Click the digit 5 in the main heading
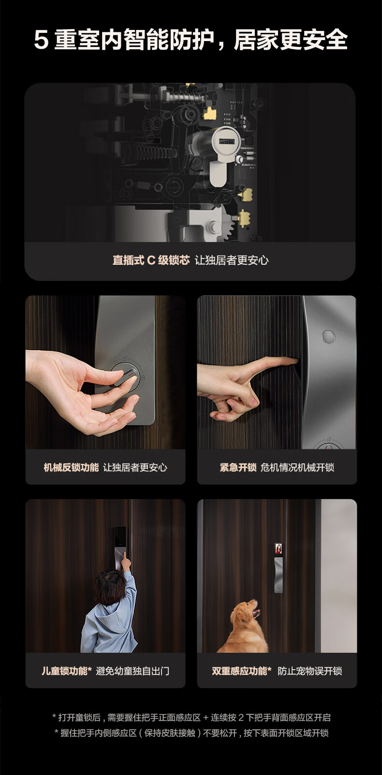pyautogui.click(x=41, y=40)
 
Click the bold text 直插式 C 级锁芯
pyautogui.click(x=151, y=260)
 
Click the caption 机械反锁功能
pyautogui.click(x=72, y=467)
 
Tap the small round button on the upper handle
pyautogui.click(x=328, y=337)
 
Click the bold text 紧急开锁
pyautogui.click(x=238, y=467)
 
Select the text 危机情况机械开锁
pyautogui.click(x=297, y=467)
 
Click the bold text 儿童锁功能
pyautogui.click(x=67, y=671)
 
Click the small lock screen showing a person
pyautogui.click(x=279, y=548)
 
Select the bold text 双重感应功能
pyautogui.click(x=241, y=671)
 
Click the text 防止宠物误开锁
pyautogui.click(x=310, y=671)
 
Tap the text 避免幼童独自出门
pyautogui.click(x=132, y=671)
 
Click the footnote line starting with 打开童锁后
pyautogui.click(x=191, y=718)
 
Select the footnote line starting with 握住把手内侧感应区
pyautogui.click(x=191, y=733)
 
